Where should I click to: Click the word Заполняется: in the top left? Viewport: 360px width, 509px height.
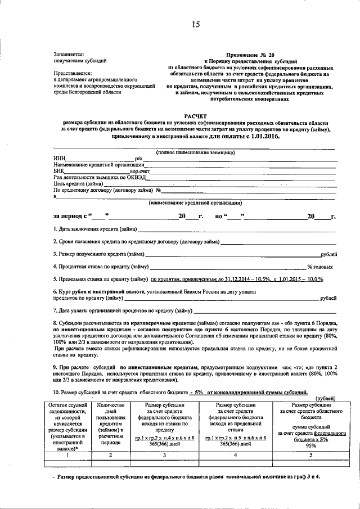(69, 55)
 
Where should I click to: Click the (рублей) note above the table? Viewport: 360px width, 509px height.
(321, 398)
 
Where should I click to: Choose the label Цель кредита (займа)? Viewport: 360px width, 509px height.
(78, 183)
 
